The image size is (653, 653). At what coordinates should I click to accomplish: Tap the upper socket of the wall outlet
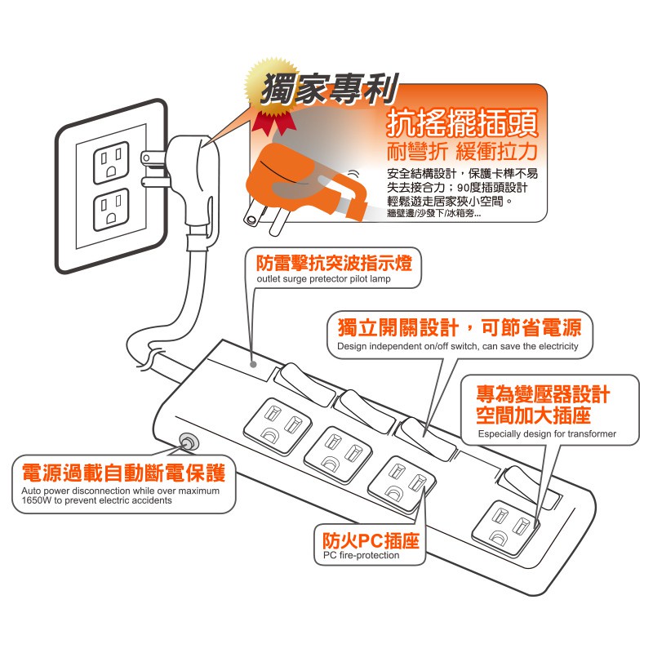coord(111,162)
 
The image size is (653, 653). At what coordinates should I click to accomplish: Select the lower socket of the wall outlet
coord(111,210)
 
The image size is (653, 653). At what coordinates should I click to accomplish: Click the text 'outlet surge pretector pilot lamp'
coord(323,279)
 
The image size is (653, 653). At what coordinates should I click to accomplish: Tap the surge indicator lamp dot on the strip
coord(253,364)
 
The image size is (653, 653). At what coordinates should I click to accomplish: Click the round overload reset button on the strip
coord(188,442)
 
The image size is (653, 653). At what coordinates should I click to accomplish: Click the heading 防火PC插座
coord(371,540)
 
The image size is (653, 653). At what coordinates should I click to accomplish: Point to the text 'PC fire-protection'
coord(361,556)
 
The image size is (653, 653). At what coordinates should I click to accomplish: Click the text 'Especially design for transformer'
coord(547,434)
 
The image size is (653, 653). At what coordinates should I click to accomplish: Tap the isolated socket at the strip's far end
coord(506,528)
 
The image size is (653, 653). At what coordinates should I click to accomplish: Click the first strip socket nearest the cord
coord(278,425)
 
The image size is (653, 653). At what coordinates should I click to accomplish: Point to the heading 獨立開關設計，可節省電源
coord(460,328)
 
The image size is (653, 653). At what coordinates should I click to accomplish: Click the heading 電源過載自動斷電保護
coord(124,473)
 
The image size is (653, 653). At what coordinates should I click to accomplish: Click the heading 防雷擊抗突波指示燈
coord(335,263)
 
